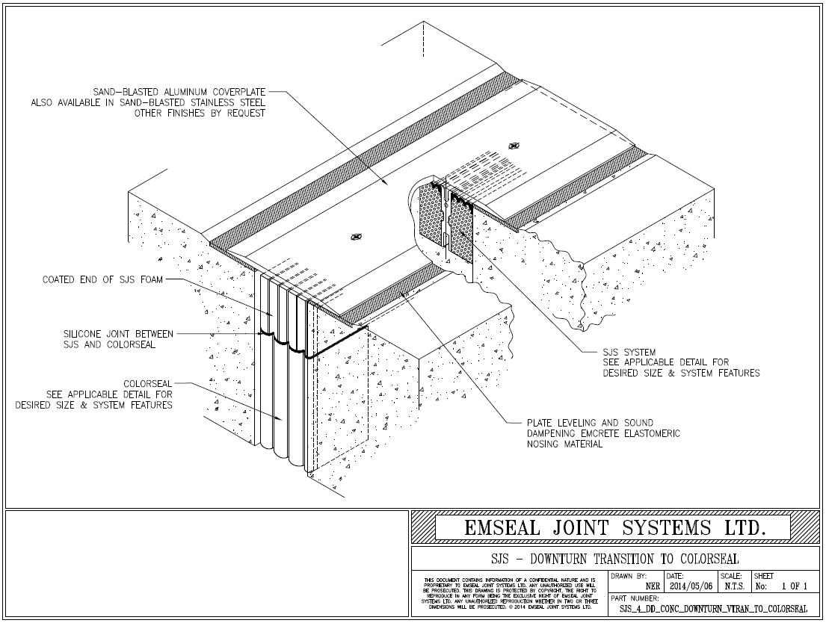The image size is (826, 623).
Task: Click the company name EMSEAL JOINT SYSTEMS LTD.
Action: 614,527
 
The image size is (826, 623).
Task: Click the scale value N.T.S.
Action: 731,587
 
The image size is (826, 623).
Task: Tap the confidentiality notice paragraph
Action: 510,594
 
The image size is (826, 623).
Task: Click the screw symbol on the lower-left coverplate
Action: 356,237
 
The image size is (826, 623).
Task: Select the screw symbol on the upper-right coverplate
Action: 513,146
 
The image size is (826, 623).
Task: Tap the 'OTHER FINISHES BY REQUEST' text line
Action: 200,114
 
